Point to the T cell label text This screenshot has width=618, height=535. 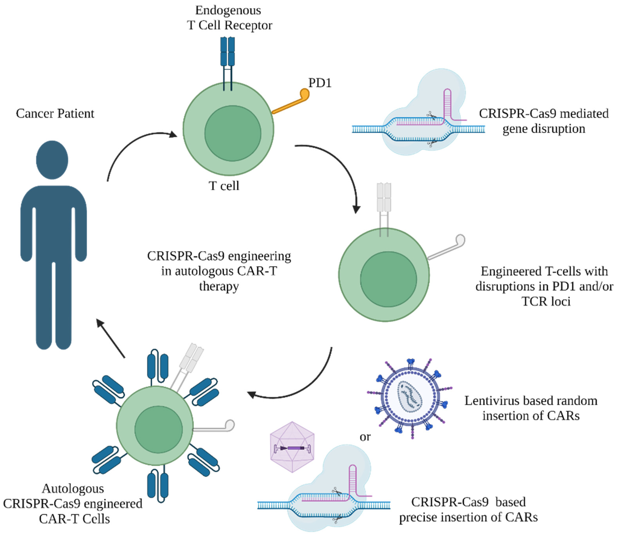point(224,186)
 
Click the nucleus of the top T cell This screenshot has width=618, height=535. point(233,133)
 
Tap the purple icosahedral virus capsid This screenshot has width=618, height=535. point(292,447)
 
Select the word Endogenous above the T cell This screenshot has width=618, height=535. point(228,10)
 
